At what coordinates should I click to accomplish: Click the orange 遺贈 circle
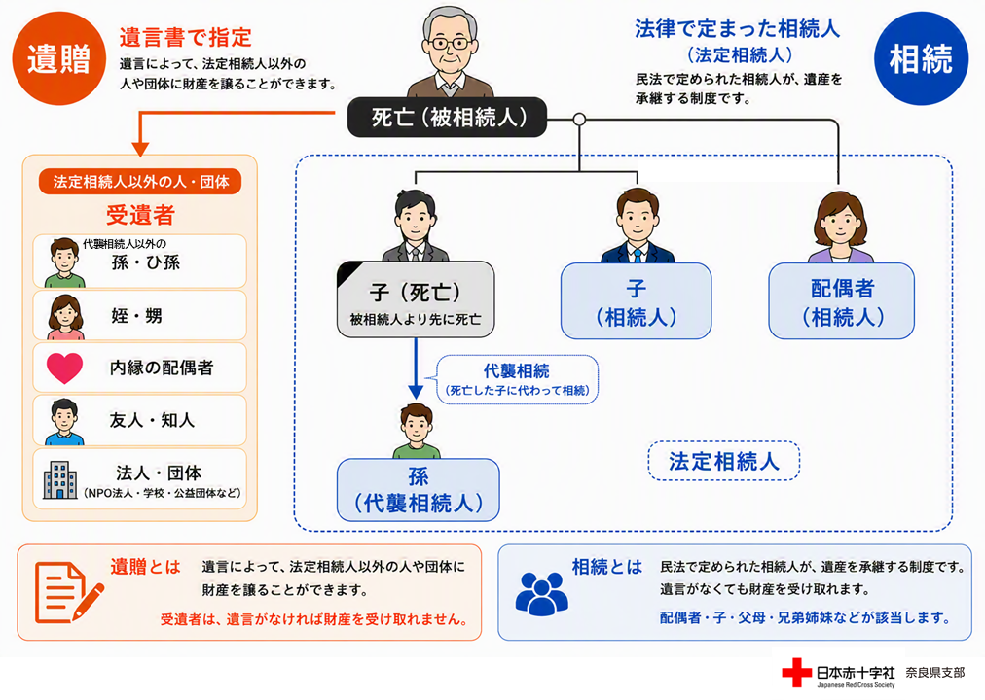point(59,58)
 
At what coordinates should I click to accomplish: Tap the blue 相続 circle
point(921,58)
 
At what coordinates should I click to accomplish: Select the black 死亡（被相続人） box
point(448,118)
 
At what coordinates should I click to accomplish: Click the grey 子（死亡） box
point(416,299)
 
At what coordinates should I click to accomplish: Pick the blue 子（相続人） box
point(636,301)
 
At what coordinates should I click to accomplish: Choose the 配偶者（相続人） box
point(842,301)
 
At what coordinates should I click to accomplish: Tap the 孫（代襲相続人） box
point(419,490)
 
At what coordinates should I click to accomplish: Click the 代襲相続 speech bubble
point(516,379)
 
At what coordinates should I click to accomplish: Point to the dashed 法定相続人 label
point(724,461)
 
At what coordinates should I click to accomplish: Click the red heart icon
point(64,368)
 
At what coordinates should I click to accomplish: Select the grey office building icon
point(59,480)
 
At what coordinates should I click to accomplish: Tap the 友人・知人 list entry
point(139,420)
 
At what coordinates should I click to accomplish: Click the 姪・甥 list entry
point(139,316)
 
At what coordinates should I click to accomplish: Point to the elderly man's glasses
point(450,44)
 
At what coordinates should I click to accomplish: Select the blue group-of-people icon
point(541,593)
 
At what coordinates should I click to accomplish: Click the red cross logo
point(796,673)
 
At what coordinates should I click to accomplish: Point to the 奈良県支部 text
point(934,673)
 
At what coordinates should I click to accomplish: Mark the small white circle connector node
point(579,120)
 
